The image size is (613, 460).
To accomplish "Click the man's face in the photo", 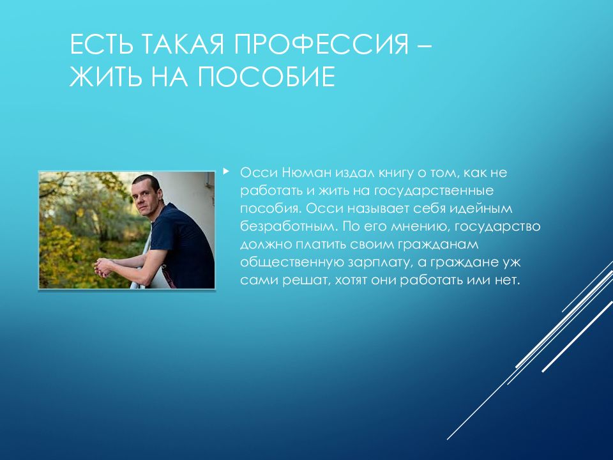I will pyautogui.click(x=146, y=195).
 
